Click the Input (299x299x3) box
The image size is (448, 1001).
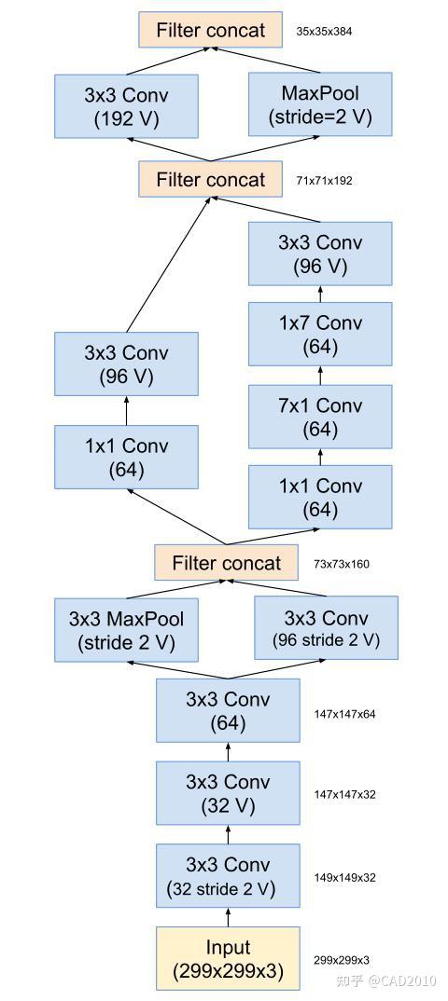click(x=228, y=959)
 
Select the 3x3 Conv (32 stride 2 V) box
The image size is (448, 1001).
click(x=228, y=876)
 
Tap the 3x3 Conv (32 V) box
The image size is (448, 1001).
click(x=228, y=793)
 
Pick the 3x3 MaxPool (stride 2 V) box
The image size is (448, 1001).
click(x=126, y=629)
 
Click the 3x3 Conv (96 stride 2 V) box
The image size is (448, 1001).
click(x=326, y=628)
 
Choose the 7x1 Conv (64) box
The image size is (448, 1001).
click(x=320, y=417)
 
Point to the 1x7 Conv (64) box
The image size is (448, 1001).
click(x=320, y=335)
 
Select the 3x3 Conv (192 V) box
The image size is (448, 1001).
click(x=126, y=105)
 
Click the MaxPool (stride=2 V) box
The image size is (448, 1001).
click(x=320, y=104)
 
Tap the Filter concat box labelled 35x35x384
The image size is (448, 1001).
click(x=210, y=30)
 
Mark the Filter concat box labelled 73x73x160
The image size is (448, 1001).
click(x=226, y=563)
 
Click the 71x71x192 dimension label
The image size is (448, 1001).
click(x=324, y=181)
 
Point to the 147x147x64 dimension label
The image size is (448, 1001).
click(x=344, y=715)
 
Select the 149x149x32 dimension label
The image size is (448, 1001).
click(x=344, y=878)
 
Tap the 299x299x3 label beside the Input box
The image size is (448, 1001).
click(x=341, y=960)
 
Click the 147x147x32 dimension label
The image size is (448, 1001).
click(x=344, y=795)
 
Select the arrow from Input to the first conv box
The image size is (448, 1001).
click(x=228, y=917)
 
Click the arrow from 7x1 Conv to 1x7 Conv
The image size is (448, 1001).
click(x=320, y=376)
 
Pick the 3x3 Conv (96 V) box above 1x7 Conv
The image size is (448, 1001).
click(x=320, y=254)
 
